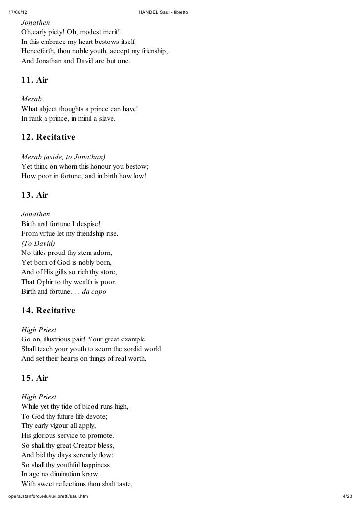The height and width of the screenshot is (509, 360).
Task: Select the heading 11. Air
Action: click(35, 80)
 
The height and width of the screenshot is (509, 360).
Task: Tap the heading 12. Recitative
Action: click(48, 136)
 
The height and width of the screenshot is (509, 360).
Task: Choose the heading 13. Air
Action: click(35, 195)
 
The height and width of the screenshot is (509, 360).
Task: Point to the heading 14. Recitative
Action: click(48, 310)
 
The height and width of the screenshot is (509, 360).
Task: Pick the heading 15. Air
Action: click(35, 378)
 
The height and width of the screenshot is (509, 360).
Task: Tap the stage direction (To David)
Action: click(38, 243)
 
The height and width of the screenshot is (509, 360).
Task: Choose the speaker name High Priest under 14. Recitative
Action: click(39, 330)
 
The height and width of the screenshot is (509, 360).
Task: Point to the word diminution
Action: click(69, 474)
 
